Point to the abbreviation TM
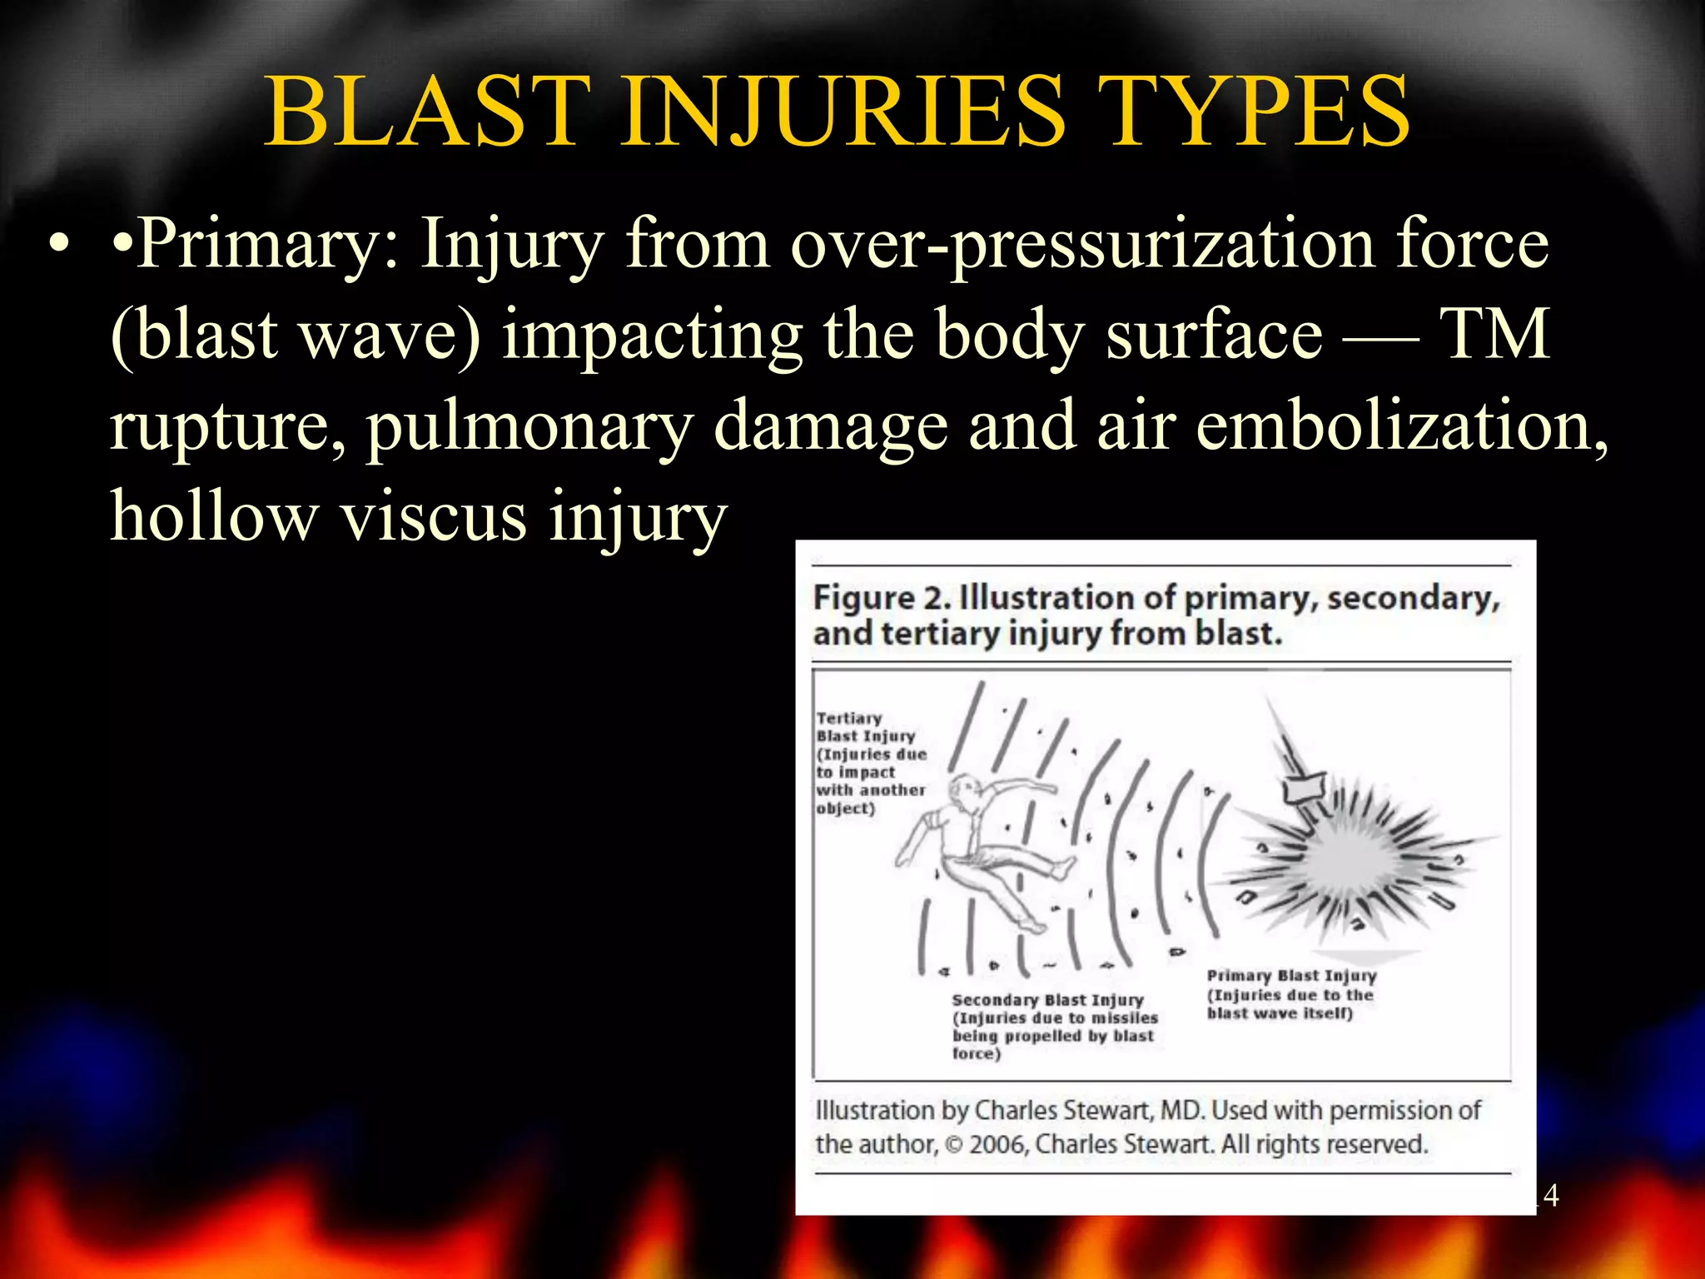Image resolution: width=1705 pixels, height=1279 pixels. pyautogui.click(x=1494, y=334)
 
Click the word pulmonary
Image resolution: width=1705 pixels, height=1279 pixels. pyautogui.click(x=529, y=426)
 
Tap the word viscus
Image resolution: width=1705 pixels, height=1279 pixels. pyautogui.click(x=434, y=515)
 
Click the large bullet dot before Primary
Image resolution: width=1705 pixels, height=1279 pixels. pyautogui.click(x=57, y=244)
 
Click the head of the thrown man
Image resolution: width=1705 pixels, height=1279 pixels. pyautogui.click(x=966, y=788)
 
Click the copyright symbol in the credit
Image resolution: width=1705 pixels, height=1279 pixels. pyautogui.click(x=954, y=1145)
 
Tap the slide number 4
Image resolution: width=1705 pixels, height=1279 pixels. pyautogui.click(x=1550, y=1196)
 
